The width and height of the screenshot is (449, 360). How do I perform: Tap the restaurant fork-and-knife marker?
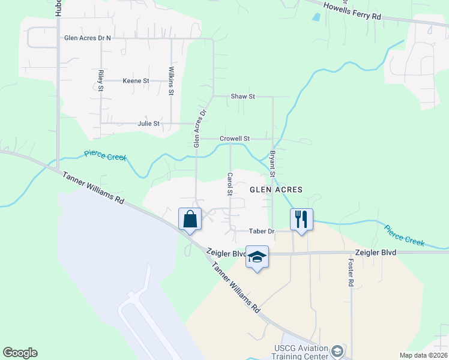301,220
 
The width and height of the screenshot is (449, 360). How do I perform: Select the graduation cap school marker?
257,257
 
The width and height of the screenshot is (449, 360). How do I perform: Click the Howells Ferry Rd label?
352,12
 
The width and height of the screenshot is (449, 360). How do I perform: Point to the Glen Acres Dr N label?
88,38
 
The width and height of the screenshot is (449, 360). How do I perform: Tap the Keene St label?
136,80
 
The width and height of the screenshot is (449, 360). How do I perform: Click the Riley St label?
100,81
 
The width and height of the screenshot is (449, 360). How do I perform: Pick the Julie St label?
148,124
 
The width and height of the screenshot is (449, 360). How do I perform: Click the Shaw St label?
243,96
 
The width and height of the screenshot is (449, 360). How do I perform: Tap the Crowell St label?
234,138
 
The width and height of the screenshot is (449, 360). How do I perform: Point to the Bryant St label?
273,163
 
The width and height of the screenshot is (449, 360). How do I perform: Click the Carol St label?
230,185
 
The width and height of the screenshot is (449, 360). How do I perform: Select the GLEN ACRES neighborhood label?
276,189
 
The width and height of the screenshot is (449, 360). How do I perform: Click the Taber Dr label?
262,231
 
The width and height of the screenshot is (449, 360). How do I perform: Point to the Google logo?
20,353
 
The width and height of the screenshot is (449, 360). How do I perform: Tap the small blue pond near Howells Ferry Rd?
316,17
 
